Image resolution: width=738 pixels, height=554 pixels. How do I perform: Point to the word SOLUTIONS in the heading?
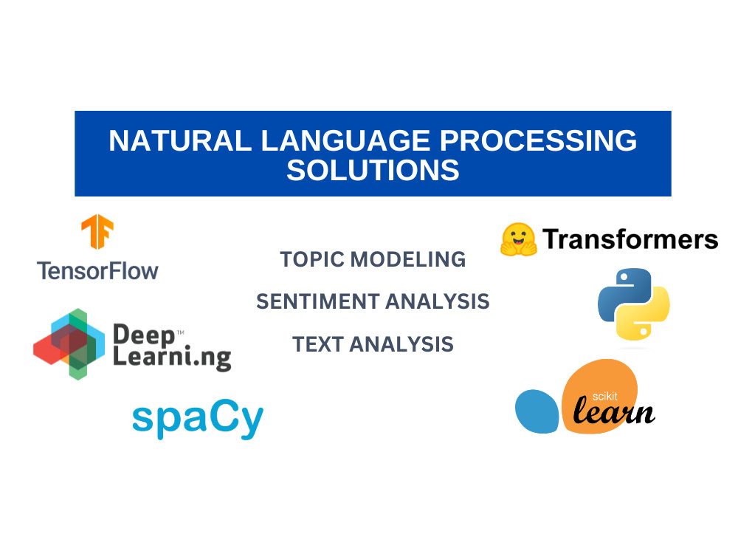(373, 171)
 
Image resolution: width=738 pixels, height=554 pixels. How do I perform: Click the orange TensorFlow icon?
(97, 232)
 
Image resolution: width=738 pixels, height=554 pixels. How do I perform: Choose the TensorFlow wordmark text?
(97, 270)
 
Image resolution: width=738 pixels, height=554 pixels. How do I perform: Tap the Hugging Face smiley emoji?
(518, 239)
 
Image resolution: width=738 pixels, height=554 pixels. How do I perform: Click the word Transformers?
(630, 239)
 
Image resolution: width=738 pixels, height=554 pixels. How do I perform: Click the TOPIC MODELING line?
(373, 259)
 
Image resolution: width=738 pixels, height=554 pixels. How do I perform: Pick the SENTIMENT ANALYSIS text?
(373, 301)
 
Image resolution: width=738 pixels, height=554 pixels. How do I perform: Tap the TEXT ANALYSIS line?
(373, 344)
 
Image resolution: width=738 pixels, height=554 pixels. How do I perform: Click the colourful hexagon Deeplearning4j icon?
(66, 344)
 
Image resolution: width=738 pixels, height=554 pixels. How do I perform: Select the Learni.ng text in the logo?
(171, 360)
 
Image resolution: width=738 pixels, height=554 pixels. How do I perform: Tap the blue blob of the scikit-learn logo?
(538, 410)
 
